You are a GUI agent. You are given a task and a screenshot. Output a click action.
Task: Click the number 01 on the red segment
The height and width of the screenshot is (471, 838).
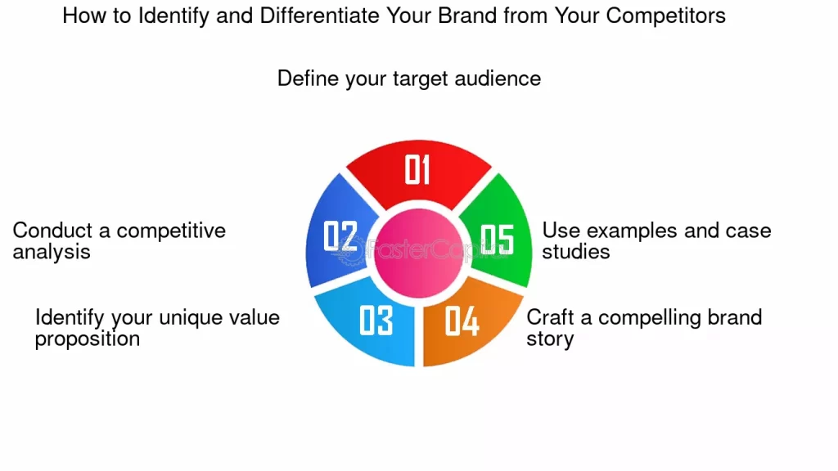click(417, 169)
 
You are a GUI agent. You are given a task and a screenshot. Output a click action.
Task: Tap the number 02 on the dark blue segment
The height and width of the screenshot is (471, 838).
click(340, 236)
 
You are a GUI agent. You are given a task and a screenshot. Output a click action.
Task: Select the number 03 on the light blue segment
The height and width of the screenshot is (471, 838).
click(376, 320)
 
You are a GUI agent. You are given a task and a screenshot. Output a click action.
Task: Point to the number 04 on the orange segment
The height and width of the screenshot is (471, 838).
click(462, 321)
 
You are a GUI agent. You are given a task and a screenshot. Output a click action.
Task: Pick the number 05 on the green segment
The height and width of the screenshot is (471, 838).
click(497, 240)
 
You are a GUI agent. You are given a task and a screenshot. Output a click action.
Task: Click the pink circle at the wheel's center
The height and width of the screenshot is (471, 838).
click(418, 253)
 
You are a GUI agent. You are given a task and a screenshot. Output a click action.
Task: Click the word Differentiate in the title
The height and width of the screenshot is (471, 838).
click(320, 16)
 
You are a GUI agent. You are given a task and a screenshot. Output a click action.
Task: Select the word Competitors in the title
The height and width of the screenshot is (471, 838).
click(665, 16)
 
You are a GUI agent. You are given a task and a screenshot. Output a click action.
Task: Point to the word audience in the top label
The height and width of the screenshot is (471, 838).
click(498, 78)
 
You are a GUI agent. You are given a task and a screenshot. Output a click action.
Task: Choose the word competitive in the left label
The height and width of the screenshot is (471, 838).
click(171, 231)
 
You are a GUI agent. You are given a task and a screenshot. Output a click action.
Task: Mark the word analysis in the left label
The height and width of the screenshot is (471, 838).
click(52, 252)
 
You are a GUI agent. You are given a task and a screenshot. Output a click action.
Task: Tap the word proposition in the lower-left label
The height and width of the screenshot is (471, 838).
click(88, 339)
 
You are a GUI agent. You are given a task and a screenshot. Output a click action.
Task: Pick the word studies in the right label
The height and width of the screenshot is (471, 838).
click(576, 252)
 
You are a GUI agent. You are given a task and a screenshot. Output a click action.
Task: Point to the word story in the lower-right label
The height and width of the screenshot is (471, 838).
click(550, 339)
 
